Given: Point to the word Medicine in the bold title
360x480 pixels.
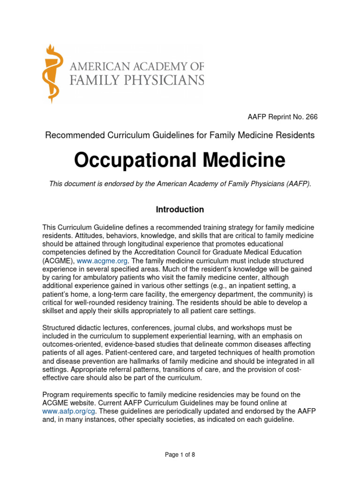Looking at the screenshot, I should click(244, 161).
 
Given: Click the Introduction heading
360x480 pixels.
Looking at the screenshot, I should click(180, 210).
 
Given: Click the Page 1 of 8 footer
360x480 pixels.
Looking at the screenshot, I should click(180, 455).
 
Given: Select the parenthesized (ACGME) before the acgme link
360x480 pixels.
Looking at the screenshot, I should click(58, 261).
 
